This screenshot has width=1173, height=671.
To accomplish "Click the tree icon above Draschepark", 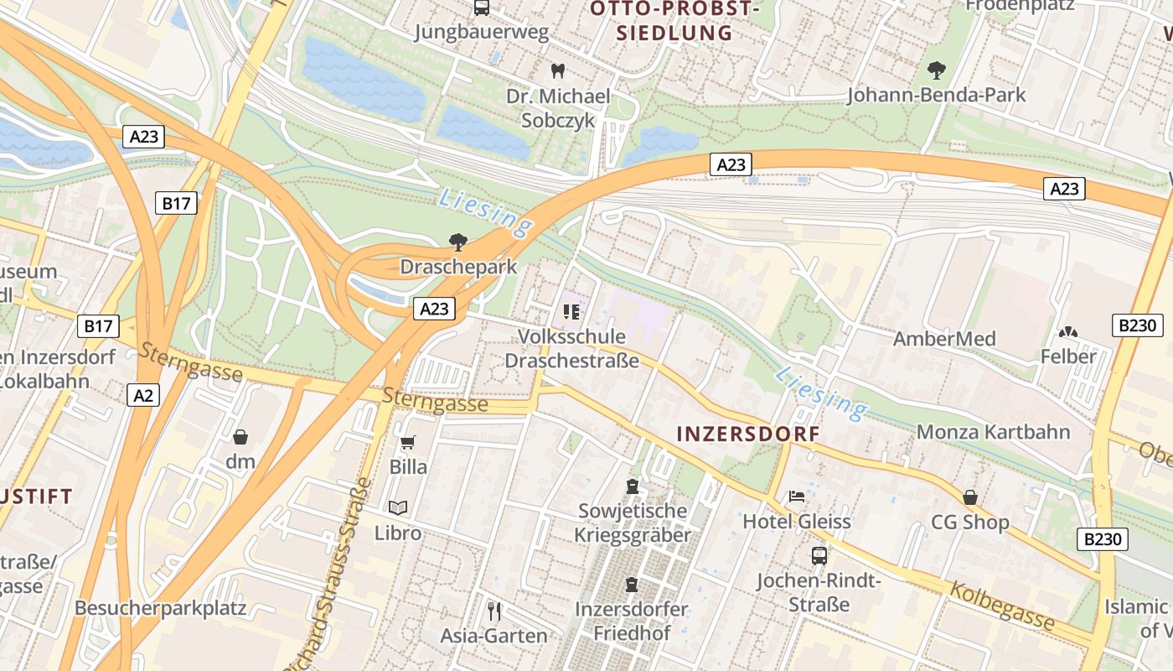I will [457, 242].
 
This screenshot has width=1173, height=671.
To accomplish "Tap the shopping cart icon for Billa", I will [408, 441].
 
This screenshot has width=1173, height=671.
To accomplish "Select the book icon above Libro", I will [398, 507].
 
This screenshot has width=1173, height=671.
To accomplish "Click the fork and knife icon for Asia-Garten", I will [494, 610].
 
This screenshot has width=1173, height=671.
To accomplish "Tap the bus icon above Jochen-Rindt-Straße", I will [819, 555].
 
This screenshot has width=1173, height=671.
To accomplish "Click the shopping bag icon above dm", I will [240, 436].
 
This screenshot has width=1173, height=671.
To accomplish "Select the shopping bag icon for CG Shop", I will [970, 497].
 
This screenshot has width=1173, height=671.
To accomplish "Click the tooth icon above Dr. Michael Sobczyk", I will [557, 70].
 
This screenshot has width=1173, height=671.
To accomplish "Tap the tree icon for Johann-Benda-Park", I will [936, 70].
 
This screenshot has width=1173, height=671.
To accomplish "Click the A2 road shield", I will [143, 394].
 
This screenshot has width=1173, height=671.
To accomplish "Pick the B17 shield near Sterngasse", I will [98, 326].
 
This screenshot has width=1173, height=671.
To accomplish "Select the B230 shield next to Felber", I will [1137, 325].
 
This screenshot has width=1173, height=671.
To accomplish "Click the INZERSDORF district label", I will [747, 434].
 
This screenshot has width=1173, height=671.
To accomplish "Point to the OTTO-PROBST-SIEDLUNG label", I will [674, 21].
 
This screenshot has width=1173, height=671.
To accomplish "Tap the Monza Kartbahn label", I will [994, 432].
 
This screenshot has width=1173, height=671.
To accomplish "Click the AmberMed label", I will [944, 339].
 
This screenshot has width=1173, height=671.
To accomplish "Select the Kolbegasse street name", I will [1001, 606].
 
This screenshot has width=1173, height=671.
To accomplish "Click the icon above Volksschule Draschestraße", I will [571, 312].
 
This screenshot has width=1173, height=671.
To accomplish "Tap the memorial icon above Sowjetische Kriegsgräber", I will [633, 486].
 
